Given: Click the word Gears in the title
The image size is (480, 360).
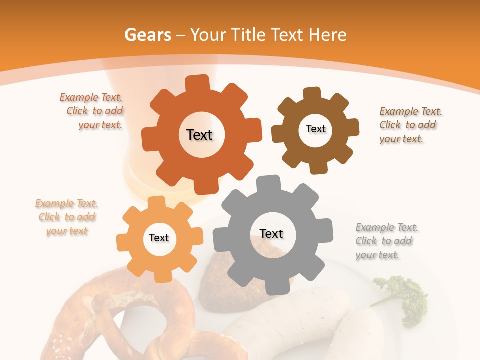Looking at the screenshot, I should tap(147, 35).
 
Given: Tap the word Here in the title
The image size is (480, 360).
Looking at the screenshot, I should tap(328, 35).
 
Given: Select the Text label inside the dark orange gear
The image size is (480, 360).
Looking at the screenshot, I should tap(199, 135).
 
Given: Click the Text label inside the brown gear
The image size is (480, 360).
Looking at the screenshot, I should tap(315, 129).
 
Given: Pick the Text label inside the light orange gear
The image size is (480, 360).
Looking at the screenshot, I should tap(159, 238).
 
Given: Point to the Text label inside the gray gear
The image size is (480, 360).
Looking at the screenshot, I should tap(271, 233).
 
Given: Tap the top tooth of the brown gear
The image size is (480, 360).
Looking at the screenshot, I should tap(312, 94).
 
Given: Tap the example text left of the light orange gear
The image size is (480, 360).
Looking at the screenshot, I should tap(66, 217).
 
